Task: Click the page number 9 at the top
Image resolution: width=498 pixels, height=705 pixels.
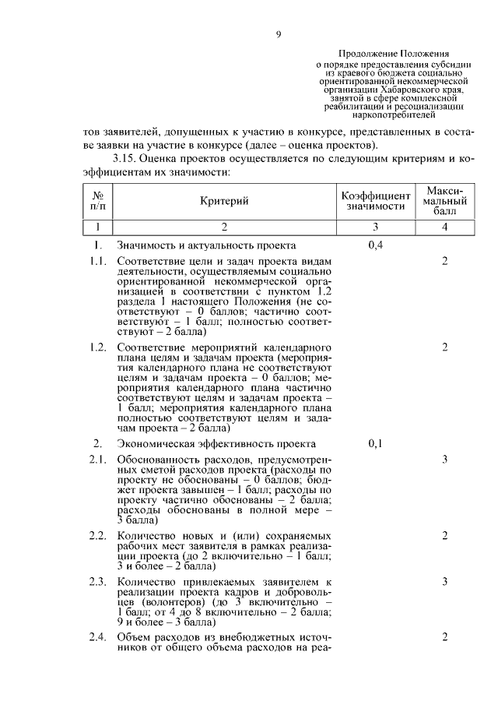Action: point(278,33)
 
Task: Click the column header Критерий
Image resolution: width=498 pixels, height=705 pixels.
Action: point(224,202)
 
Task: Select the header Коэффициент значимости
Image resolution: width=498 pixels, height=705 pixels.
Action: point(376,201)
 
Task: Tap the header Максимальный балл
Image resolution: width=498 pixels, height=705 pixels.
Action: point(444,201)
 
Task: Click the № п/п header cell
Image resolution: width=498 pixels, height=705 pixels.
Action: point(99,201)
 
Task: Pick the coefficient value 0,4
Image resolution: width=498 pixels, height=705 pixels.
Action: point(375,245)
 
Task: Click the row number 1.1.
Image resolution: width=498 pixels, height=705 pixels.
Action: point(97,261)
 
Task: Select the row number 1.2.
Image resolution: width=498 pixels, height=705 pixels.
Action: point(97,347)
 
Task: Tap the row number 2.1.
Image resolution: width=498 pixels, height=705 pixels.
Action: point(97,460)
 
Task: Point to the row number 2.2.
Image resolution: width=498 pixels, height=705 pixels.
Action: point(97,536)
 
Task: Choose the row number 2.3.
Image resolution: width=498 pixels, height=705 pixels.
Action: point(97,581)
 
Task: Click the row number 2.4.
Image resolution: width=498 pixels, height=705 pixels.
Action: point(97,637)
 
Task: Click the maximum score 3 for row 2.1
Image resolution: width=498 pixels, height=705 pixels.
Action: point(444,460)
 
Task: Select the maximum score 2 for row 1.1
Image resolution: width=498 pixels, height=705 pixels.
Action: point(444,261)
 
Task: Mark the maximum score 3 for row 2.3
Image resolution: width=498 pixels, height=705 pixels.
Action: point(444,581)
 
